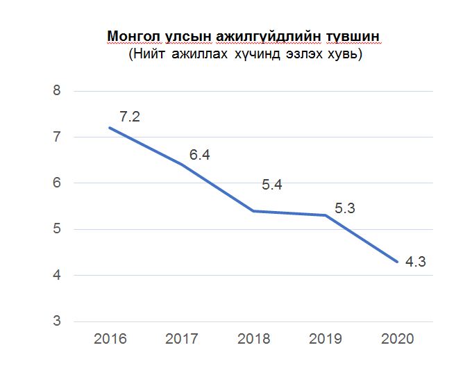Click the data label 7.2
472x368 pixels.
point(130,117)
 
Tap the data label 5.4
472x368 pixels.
point(271,185)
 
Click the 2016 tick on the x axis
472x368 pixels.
point(110,340)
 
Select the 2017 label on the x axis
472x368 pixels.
point(182,340)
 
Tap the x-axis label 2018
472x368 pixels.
point(254,340)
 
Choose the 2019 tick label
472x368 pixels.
point(326,340)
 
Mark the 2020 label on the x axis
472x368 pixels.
point(398,340)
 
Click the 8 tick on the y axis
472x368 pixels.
point(58,91)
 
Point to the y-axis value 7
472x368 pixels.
point(58,137)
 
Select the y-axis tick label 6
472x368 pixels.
point(58,183)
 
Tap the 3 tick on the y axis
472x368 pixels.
point(58,321)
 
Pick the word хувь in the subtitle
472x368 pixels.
point(344,54)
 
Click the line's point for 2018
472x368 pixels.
point(254,210)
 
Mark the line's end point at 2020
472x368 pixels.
point(398,262)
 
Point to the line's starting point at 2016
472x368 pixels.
point(110,128)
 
